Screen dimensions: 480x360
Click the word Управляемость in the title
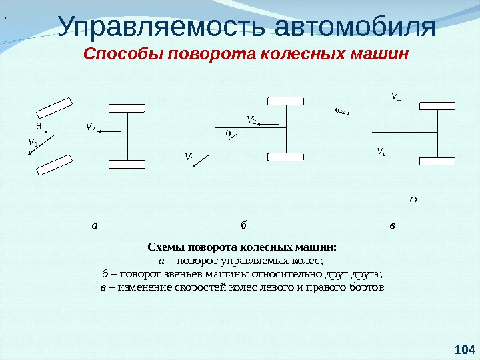(x=161, y=27)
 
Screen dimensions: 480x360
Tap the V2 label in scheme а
(x=90, y=127)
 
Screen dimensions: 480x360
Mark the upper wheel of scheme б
(x=285, y=100)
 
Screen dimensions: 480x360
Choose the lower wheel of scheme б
(x=285, y=157)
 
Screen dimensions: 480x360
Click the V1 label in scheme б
(x=189, y=157)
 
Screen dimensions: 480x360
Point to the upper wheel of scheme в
(x=437, y=105)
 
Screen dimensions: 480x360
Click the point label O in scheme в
(x=413, y=199)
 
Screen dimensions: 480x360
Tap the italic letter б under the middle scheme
(x=244, y=225)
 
